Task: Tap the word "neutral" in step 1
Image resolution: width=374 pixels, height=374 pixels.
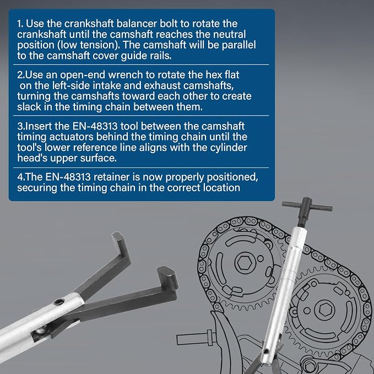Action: click(x=229, y=34)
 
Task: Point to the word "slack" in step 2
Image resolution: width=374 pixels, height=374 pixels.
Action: click(x=29, y=107)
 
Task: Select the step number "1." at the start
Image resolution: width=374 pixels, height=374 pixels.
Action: click(x=20, y=24)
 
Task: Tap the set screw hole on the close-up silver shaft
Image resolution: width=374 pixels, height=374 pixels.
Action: click(x=59, y=302)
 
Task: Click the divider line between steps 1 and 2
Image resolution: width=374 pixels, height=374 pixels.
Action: click(x=141, y=64)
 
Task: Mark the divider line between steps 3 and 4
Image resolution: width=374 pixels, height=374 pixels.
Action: click(x=141, y=167)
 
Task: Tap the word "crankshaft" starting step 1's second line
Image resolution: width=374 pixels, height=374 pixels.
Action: click(x=41, y=34)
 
